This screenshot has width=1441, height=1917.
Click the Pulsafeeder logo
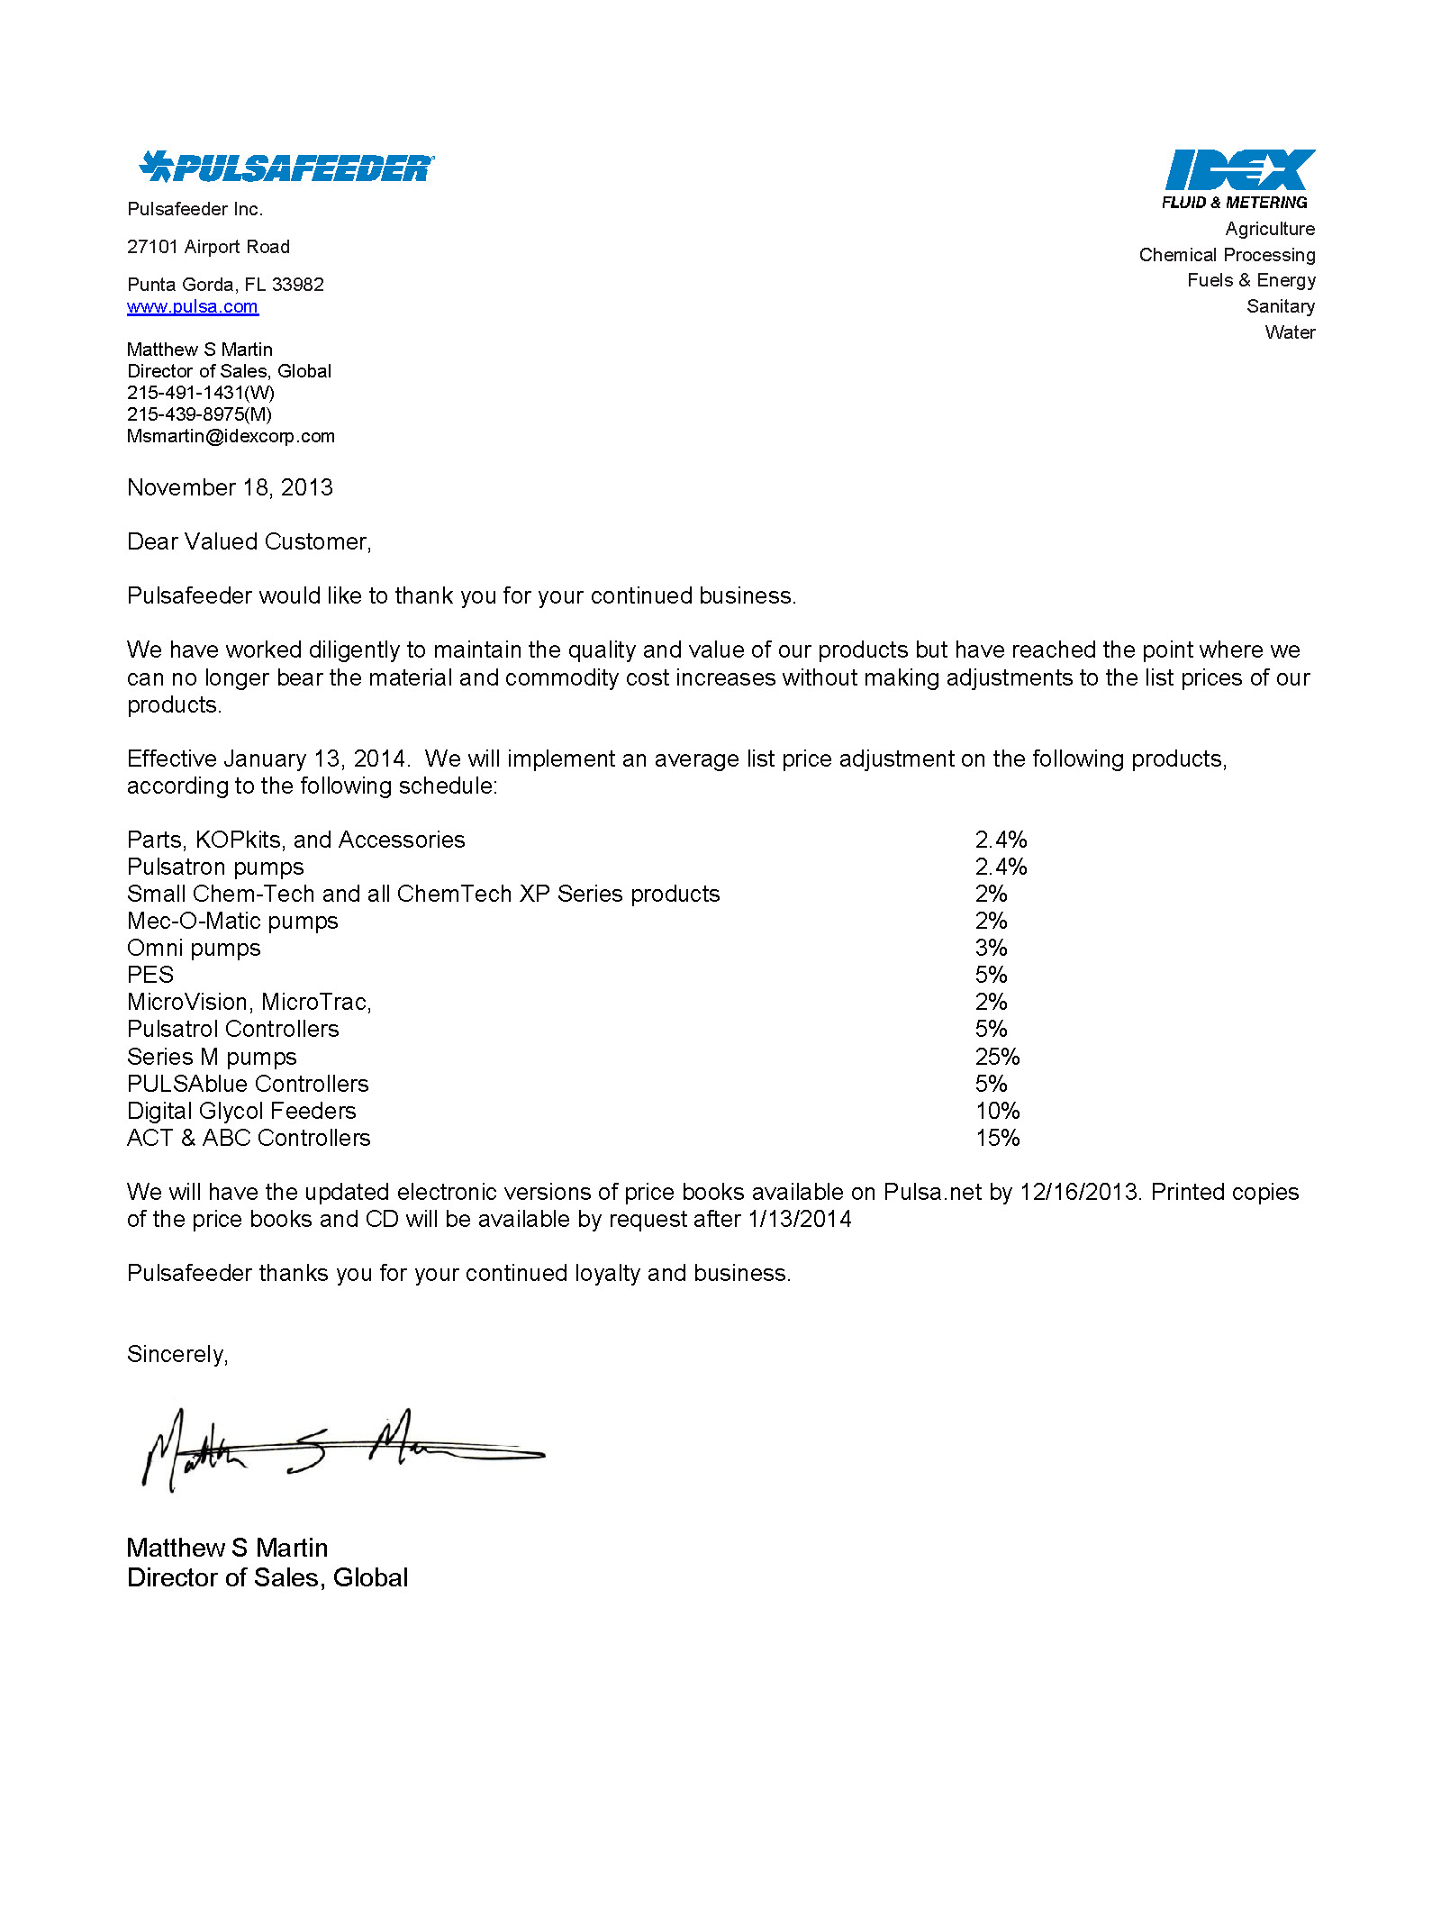tap(286, 167)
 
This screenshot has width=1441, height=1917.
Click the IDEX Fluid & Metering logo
tap(1238, 179)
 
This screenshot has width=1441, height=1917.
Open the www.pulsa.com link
tap(193, 307)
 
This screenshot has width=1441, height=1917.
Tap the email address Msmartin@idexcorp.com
tap(231, 437)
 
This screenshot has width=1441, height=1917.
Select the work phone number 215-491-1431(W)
tap(201, 393)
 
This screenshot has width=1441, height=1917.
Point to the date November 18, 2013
tap(230, 488)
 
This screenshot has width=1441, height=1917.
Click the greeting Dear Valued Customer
tap(249, 542)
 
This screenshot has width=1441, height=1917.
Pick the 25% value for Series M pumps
tap(997, 1057)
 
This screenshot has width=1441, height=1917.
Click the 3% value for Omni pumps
tap(991, 949)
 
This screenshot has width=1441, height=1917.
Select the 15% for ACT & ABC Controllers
tap(997, 1139)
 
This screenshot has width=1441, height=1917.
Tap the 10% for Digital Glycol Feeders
tap(997, 1112)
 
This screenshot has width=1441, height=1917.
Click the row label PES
tap(150, 976)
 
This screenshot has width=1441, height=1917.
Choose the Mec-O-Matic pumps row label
tap(232, 922)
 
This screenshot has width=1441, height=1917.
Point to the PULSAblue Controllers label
tap(248, 1085)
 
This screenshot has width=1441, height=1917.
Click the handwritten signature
tap(342, 1448)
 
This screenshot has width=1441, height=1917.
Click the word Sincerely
tap(177, 1355)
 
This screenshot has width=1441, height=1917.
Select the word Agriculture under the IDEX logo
tap(1269, 229)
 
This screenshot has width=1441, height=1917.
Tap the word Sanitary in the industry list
tap(1280, 306)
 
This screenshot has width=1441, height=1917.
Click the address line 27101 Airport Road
tap(208, 248)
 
